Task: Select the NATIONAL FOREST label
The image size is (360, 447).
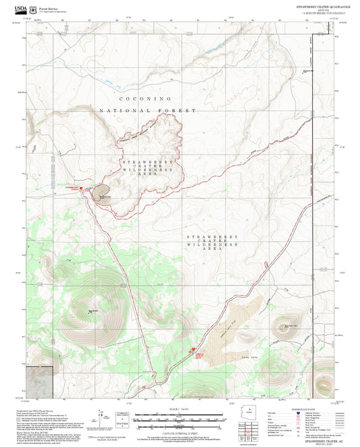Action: click(147, 110)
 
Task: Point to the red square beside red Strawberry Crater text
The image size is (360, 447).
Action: click(82, 188)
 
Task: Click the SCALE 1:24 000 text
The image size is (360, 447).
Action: click(180, 409)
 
